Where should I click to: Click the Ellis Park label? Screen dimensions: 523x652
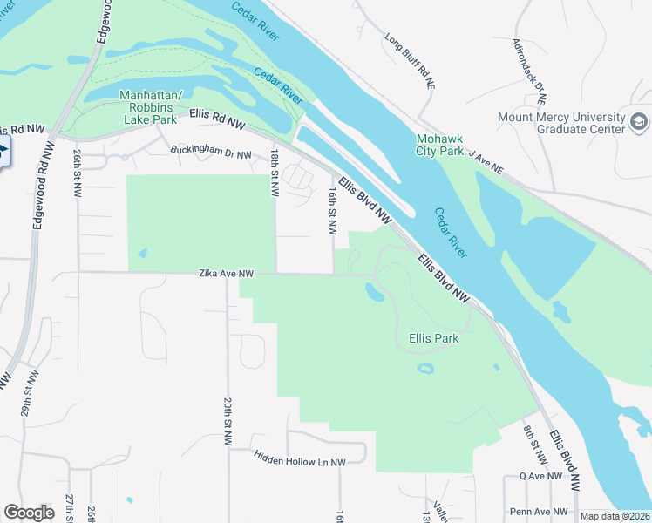[433, 338]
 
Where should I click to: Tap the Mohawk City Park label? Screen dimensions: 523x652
[440, 145]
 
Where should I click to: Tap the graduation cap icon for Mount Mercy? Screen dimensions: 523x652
[641, 120]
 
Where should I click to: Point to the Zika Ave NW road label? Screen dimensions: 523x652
[225, 274]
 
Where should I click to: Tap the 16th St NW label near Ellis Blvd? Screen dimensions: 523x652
[332, 210]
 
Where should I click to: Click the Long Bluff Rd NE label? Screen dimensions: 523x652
[410, 61]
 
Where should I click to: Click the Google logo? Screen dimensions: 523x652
[30, 513]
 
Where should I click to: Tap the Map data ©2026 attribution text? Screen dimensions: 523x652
[615, 516]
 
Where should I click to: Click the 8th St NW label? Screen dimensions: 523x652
[533, 445]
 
